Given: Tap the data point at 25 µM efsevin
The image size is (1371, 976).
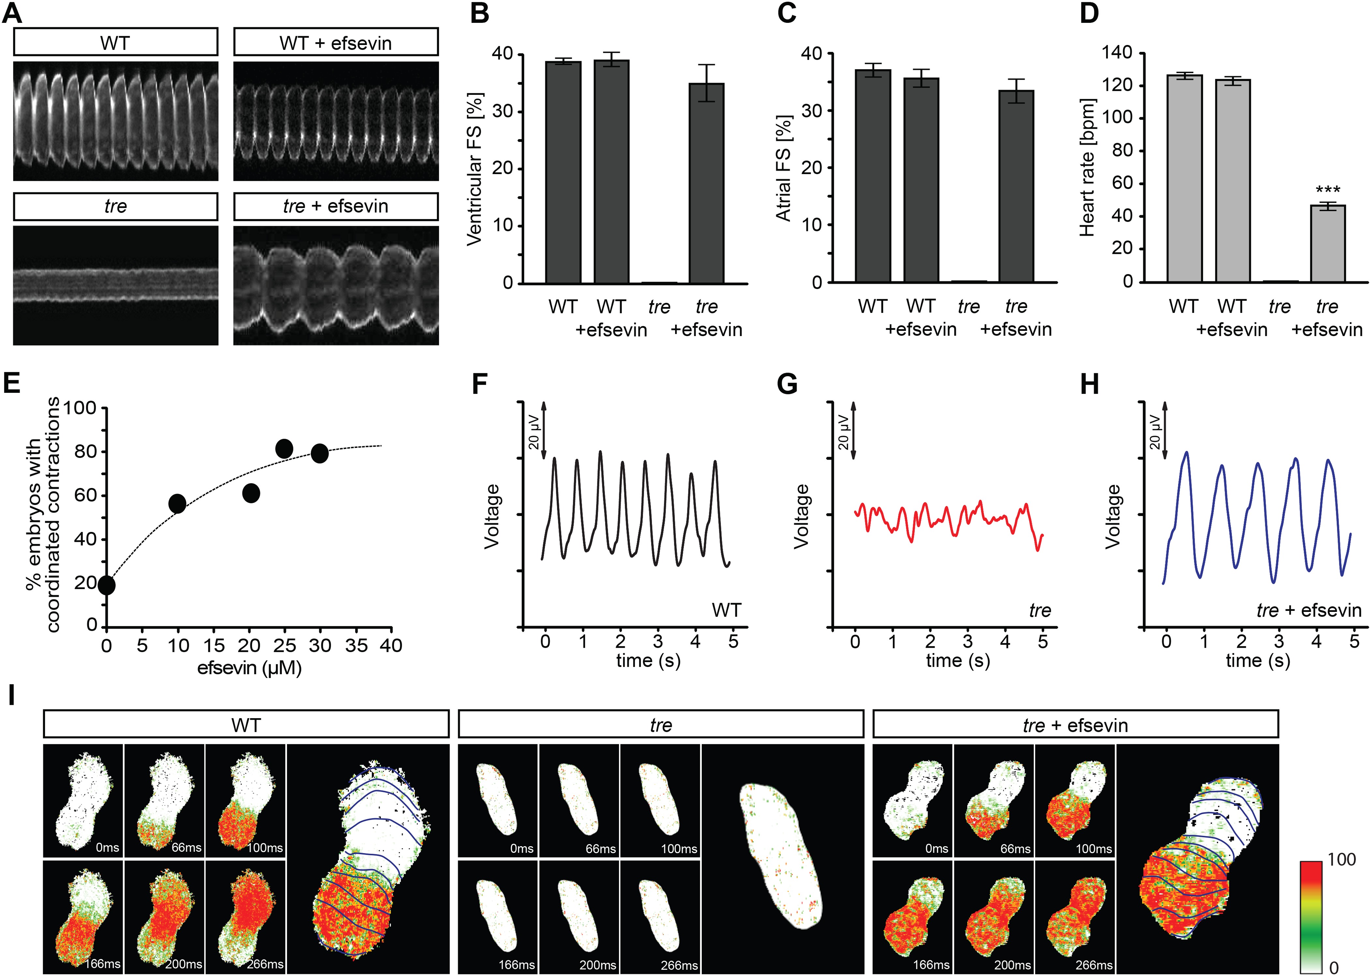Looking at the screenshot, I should pyautogui.click(x=284, y=448).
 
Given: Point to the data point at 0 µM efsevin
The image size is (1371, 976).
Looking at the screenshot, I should pyautogui.click(x=106, y=585).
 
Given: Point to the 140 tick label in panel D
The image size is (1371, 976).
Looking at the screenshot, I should pyautogui.click(x=1116, y=53).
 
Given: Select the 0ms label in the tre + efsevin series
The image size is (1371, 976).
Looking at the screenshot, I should pyautogui.click(x=936, y=849).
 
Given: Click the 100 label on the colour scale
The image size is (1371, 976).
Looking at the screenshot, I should pyautogui.click(x=1342, y=859).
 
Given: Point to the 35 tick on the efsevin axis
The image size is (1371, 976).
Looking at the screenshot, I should pyautogui.click(x=356, y=645).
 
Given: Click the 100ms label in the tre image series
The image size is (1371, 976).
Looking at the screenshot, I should pyautogui.click(x=679, y=849).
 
